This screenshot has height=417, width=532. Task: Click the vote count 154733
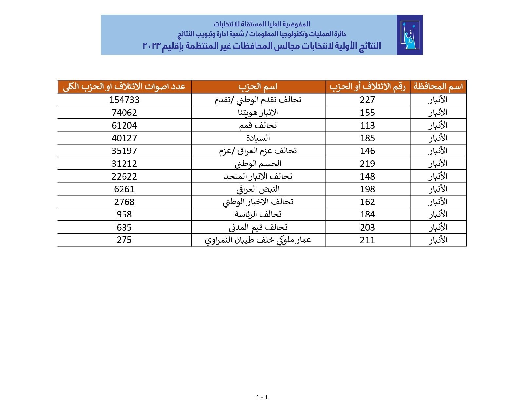124,100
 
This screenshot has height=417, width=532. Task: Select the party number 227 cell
367,100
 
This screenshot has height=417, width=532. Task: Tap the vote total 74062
124,113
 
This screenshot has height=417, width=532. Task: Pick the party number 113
367,125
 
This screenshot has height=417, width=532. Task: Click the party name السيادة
258,138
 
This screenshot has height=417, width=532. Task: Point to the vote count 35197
124,151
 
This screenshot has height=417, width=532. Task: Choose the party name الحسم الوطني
258,164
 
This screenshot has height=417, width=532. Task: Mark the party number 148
367,176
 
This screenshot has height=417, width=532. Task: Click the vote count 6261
124,189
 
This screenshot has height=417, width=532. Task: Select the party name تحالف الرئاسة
258,215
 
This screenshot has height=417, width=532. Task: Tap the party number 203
367,227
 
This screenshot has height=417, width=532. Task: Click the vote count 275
124,240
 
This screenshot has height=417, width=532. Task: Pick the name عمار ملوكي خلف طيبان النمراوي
258,240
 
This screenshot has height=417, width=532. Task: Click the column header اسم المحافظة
438,87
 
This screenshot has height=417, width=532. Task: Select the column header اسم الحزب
258,87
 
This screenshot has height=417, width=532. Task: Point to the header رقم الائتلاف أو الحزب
367,87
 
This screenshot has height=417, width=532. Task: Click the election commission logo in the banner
409,35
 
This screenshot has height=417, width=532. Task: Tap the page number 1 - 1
262,397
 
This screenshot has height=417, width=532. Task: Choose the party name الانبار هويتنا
258,113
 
